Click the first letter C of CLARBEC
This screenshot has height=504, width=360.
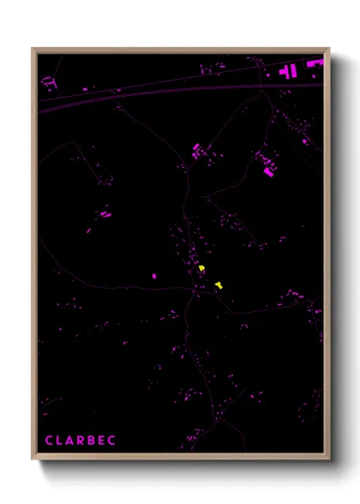[49, 441]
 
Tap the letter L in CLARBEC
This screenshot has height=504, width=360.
[60, 441]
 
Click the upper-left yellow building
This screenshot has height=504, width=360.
[201, 269]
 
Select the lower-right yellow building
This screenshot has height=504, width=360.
[219, 285]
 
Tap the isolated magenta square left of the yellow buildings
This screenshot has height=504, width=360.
[154, 276]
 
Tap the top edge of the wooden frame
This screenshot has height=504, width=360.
[180, 50]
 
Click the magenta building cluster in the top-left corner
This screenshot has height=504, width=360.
[48, 82]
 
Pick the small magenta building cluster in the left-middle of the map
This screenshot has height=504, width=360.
[104, 213]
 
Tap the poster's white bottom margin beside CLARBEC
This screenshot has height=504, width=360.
[214, 441]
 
